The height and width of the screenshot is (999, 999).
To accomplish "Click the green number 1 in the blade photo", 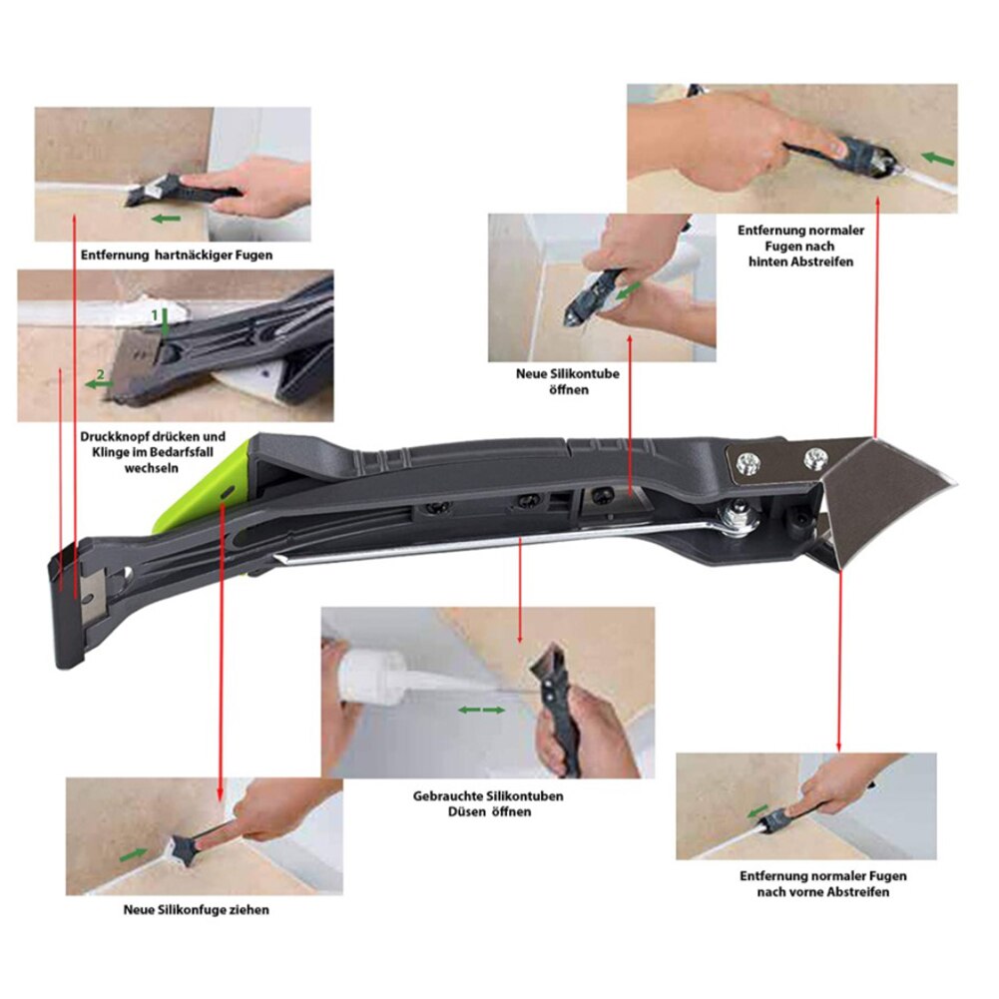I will pyautogui.click(x=155, y=314).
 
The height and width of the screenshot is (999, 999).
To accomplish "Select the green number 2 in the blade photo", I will pyautogui.click(x=100, y=380).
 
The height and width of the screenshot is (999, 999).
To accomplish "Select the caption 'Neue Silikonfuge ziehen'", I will pyautogui.click(x=196, y=910).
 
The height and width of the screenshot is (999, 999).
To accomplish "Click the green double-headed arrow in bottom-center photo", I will pyautogui.click(x=481, y=710).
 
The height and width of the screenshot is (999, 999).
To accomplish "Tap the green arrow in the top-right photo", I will pyautogui.click(x=938, y=158).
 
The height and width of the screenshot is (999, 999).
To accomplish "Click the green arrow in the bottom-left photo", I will pyautogui.click(x=134, y=855).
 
